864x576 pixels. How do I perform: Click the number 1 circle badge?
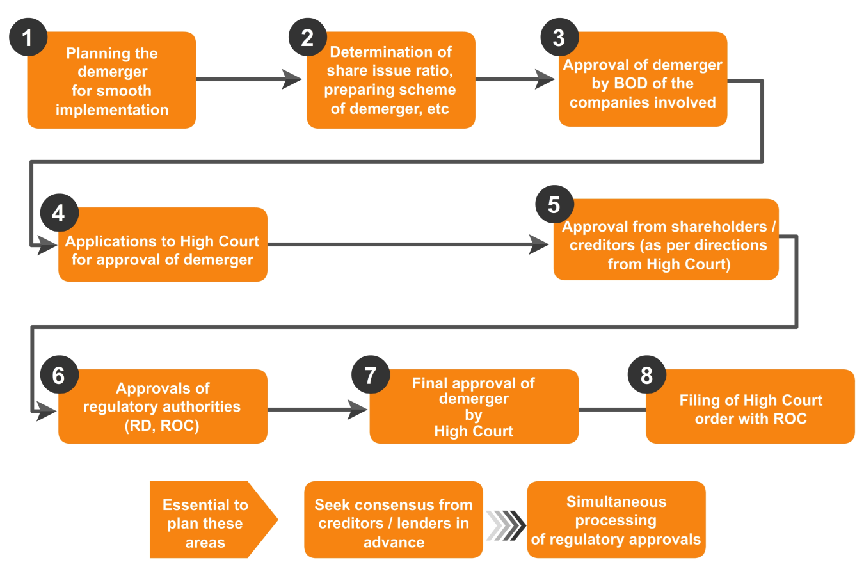pos(28,37)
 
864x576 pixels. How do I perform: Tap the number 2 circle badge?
pos(308,37)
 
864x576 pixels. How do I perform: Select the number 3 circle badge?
pos(559,37)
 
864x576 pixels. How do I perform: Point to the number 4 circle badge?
pos(59,213)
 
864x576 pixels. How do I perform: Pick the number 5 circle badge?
pos(554,205)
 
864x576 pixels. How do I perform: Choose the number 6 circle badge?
pos(59,375)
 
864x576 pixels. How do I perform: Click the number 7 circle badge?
pos(371,375)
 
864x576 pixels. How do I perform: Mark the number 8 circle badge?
pos(646,375)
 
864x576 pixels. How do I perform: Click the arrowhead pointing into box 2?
pos(292,79)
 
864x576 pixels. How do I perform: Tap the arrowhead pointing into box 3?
pos(545,79)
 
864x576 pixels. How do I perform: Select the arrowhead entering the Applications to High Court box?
pos(47,244)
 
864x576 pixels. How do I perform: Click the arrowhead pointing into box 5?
pos(539,244)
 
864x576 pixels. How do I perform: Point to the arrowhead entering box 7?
pos(358,410)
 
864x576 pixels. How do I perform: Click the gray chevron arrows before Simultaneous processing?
pos(506,525)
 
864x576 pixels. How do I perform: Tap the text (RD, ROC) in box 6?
pos(162,426)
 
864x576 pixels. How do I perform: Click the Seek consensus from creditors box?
pos(393,520)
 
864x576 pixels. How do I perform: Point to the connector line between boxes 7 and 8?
pos(612,410)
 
